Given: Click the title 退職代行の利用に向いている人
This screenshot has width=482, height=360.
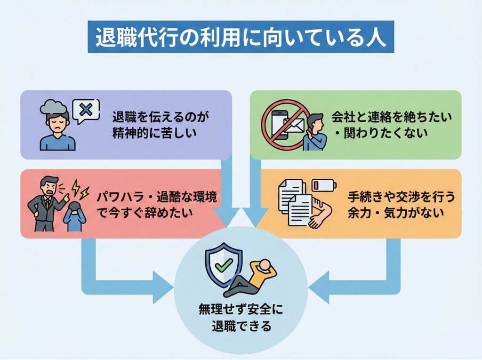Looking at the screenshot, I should click(x=241, y=38).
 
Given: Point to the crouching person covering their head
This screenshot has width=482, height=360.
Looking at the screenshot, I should click(x=74, y=214).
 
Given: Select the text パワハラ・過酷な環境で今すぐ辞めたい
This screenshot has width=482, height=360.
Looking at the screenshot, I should click(x=157, y=204).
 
